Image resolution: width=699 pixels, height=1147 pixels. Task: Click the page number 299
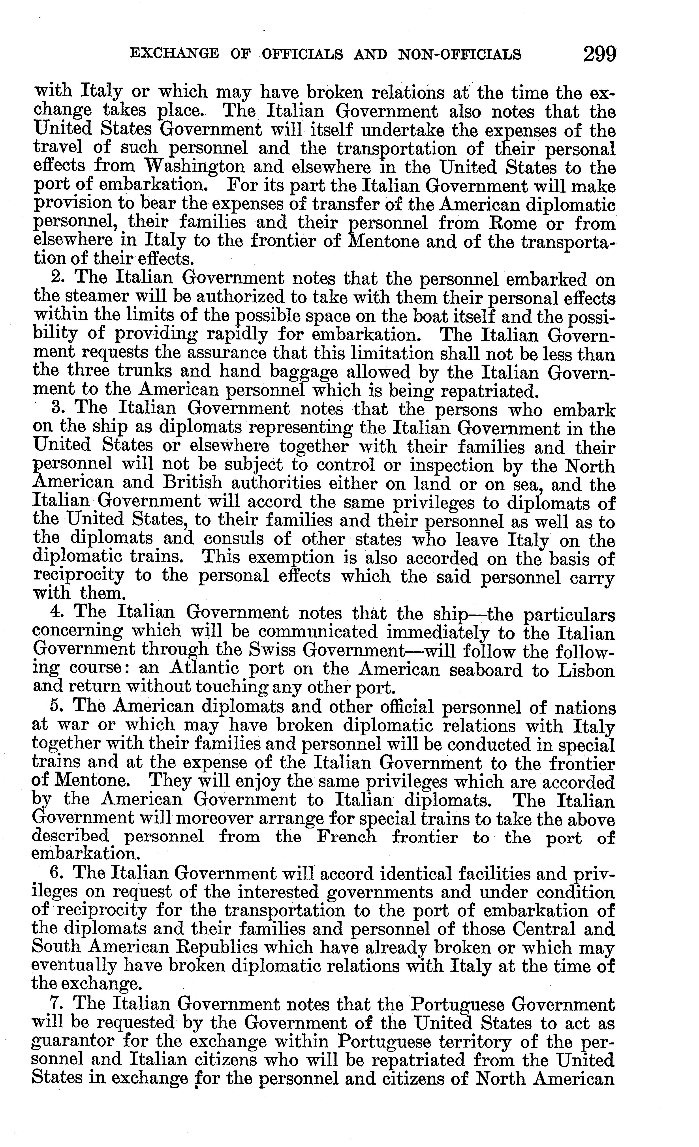coord(599,54)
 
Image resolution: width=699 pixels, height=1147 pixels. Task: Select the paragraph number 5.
coord(57,707)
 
